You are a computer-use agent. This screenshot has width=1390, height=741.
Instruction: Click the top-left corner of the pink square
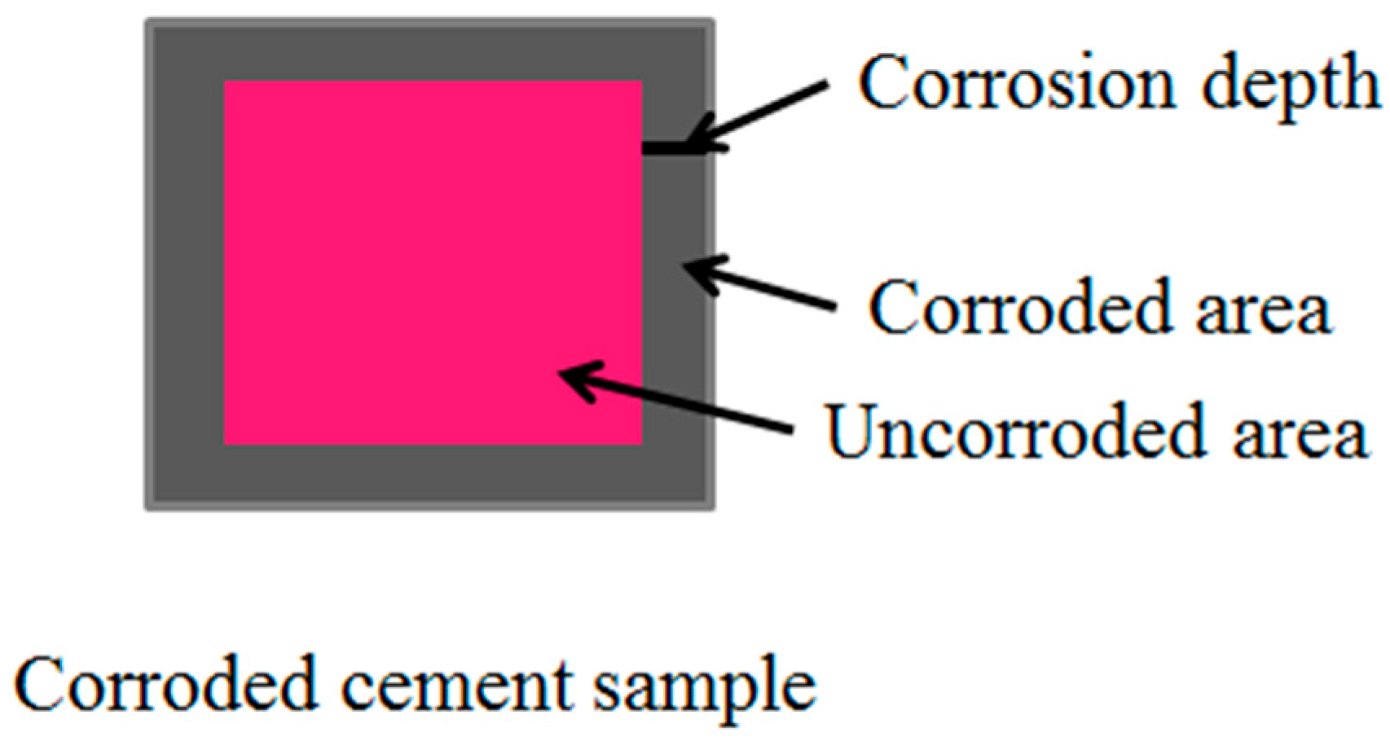(225, 82)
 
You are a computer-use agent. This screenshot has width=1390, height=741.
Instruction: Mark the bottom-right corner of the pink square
(641, 444)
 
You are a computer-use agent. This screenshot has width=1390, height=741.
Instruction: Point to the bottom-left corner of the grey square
(147, 509)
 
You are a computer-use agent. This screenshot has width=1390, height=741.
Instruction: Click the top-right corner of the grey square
(713, 22)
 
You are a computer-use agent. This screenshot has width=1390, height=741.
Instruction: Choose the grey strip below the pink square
(432, 476)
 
